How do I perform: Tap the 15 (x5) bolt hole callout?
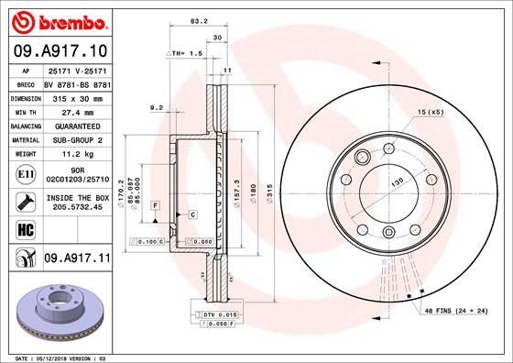click(431, 111)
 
